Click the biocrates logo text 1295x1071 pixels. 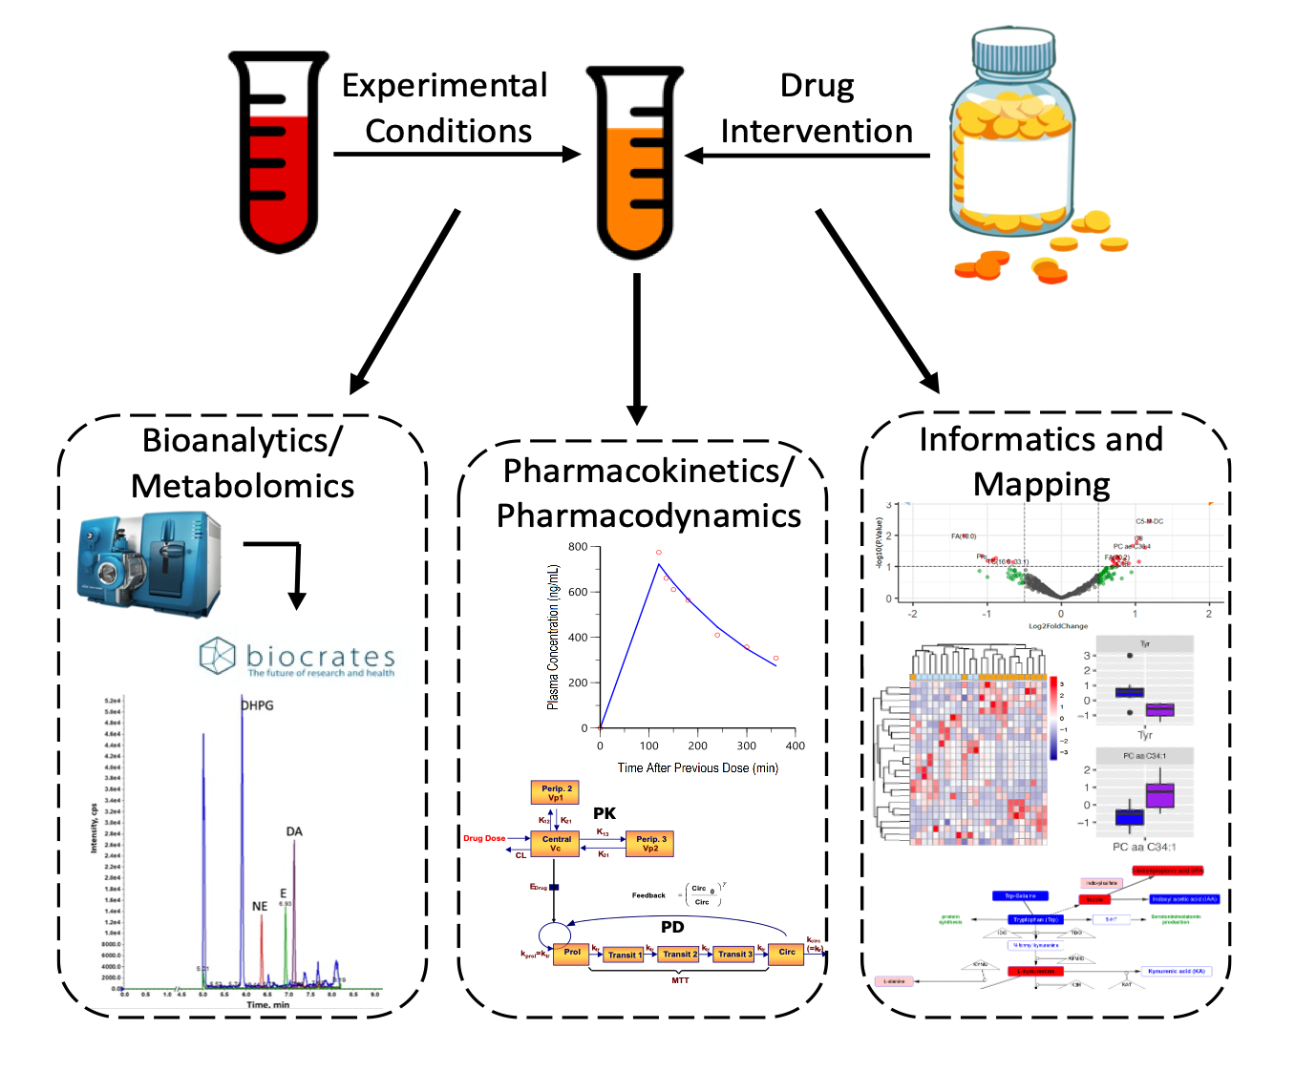320,657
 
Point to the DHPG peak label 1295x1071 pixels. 257,705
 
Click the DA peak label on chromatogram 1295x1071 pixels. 294,831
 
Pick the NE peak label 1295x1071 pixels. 260,906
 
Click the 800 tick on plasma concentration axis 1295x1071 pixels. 578,547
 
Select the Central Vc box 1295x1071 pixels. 556,844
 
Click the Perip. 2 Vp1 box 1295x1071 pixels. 556,793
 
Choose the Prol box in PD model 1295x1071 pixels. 571,953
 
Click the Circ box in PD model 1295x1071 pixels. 787,953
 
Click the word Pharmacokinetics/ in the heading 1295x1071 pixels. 647,471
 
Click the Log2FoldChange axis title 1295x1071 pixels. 1057,626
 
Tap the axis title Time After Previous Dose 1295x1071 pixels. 697,767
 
